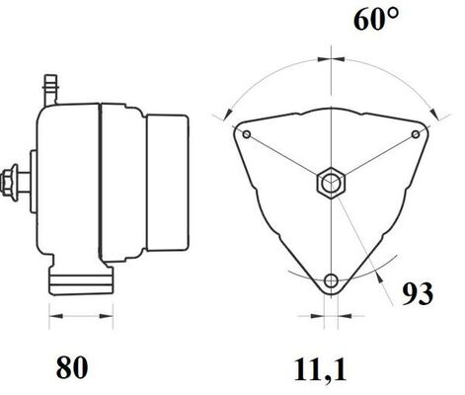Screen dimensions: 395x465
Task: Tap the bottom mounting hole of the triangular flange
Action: coord(331,278)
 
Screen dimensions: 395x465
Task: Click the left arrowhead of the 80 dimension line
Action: coord(53,317)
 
